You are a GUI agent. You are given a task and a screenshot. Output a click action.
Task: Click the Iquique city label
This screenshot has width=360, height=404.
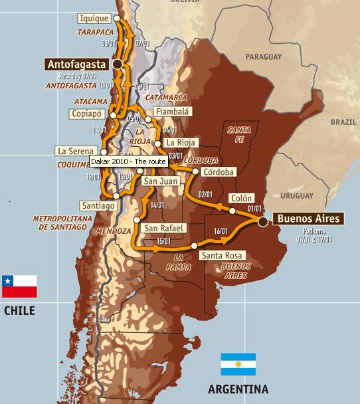94,18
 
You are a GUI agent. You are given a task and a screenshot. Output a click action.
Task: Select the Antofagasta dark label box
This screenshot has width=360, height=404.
78,64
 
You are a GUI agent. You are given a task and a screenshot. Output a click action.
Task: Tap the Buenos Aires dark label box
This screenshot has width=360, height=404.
308,219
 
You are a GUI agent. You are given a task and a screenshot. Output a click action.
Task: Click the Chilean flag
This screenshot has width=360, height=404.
19,286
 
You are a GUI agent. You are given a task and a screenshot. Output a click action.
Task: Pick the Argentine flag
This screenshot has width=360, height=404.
238,364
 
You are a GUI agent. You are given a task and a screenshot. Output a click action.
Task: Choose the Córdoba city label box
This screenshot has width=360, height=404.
221,171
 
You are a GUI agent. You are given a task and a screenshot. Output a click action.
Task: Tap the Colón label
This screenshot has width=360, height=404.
241,198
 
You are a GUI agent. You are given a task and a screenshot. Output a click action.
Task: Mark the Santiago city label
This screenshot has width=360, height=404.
98,205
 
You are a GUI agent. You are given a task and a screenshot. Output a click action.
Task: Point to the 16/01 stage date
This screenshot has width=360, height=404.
221,231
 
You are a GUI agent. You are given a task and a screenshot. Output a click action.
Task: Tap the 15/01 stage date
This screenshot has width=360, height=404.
163,241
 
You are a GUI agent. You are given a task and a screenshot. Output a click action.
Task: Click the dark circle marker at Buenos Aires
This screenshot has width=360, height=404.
264,221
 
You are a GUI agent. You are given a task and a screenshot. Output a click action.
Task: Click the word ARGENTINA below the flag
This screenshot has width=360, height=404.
238,389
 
